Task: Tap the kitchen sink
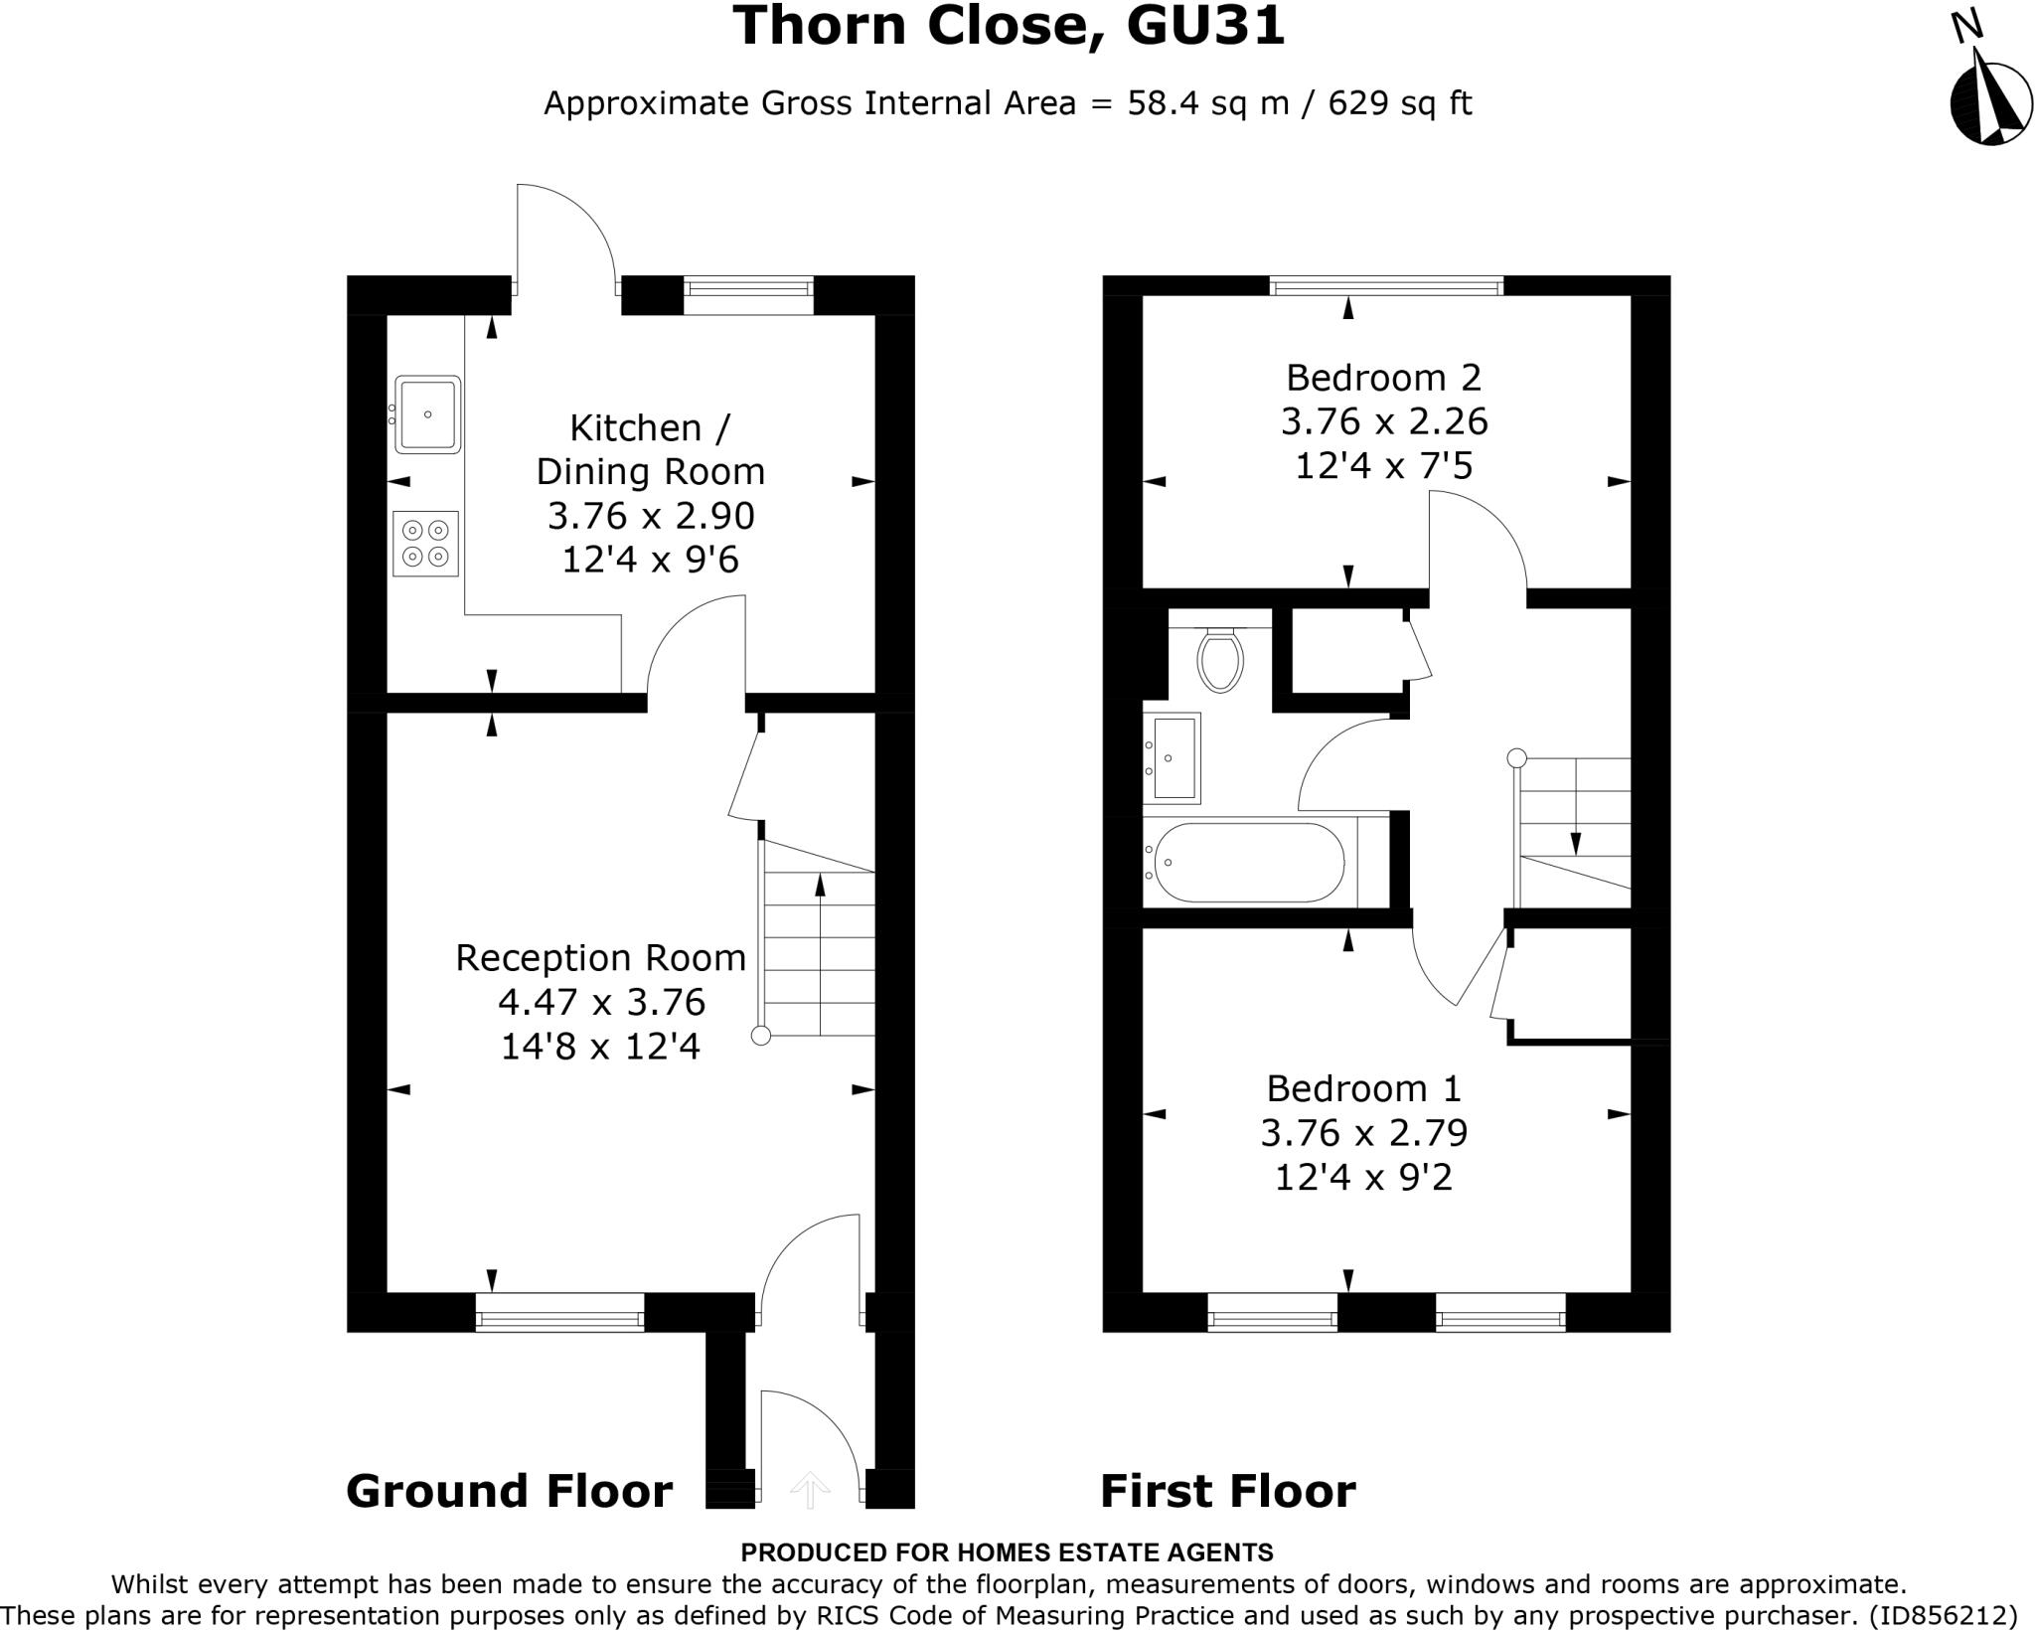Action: (x=427, y=413)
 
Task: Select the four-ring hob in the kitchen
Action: (x=425, y=543)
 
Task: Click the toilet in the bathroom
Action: (x=1220, y=660)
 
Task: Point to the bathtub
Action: (x=1249, y=863)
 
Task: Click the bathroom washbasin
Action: (x=1174, y=757)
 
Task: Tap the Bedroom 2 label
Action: (x=1383, y=378)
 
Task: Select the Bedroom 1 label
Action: (x=1363, y=1088)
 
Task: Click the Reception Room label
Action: (x=600, y=957)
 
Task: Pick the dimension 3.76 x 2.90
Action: (x=651, y=516)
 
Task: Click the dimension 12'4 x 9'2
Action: (x=1363, y=1178)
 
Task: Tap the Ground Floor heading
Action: (x=509, y=1492)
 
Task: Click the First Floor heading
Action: (x=1227, y=1492)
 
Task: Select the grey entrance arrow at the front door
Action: (x=810, y=1490)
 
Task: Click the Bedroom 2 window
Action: (x=1386, y=287)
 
